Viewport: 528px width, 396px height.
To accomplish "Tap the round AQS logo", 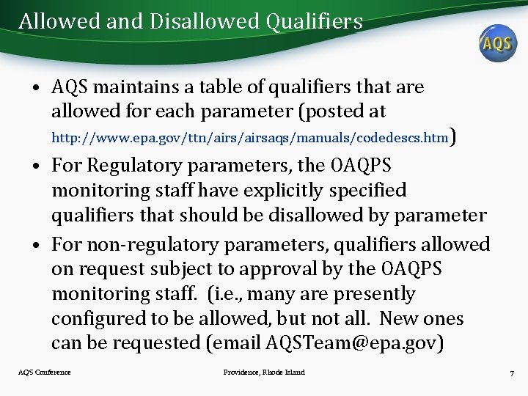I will click(x=497, y=43).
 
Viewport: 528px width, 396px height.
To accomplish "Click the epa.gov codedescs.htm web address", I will click(x=249, y=137).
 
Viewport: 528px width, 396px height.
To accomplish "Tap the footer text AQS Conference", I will click(x=45, y=373).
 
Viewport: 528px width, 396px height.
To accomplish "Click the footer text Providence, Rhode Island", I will click(x=264, y=373).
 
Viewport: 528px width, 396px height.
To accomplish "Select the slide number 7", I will click(x=511, y=373).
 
